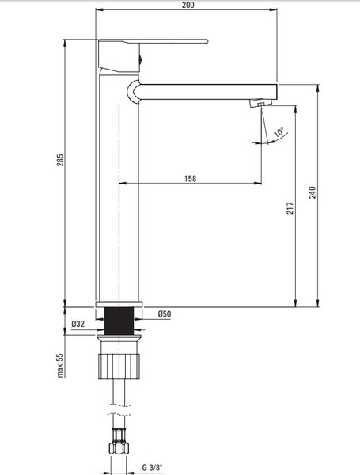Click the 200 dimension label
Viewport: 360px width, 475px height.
coord(188,5)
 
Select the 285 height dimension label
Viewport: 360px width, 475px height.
coord(60,160)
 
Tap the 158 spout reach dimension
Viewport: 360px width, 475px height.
coord(190,178)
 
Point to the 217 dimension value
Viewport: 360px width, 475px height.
coord(290,208)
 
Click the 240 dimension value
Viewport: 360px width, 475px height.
coord(313,192)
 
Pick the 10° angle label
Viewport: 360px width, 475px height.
coord(279,132)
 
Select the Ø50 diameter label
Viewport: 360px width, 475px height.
coord(164,313)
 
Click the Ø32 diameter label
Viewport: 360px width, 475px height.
coord(78,324)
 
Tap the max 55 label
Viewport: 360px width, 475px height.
coord(60,365)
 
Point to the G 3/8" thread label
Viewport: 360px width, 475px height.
coord(152,467)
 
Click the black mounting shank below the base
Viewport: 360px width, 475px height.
coord(119,321)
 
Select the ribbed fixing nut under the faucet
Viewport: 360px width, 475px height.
coord(119,367)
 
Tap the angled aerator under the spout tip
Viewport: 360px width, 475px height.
coord(260,103)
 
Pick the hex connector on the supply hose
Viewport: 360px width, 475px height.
coord(119,440)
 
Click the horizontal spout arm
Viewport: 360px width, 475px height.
coord(208,92)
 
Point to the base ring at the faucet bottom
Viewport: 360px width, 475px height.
coord(119,305)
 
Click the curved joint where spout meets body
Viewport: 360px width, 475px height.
coord(132,92)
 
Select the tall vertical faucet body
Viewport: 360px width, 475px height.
coord(119,185)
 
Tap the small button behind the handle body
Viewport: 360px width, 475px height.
coord(140,59)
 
